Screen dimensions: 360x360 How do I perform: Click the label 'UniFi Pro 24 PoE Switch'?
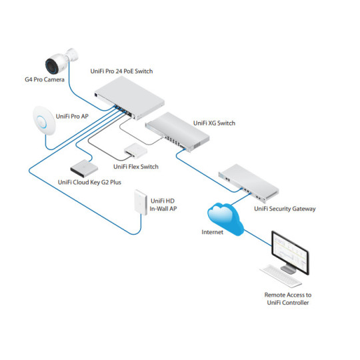[x=126, y=69]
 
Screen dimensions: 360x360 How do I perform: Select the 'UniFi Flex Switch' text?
[x=136, y=166]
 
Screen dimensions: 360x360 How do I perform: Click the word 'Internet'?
[x=213, y=233]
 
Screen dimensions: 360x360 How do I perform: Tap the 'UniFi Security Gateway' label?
[x=285, y=209]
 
